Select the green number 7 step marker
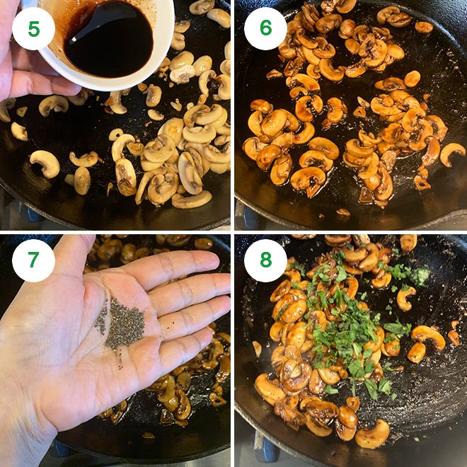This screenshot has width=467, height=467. point(33,260)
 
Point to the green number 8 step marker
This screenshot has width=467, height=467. point(265,260)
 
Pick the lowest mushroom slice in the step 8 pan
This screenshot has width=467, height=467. point(372,434)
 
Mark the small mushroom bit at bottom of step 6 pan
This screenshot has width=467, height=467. point(343,212)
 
